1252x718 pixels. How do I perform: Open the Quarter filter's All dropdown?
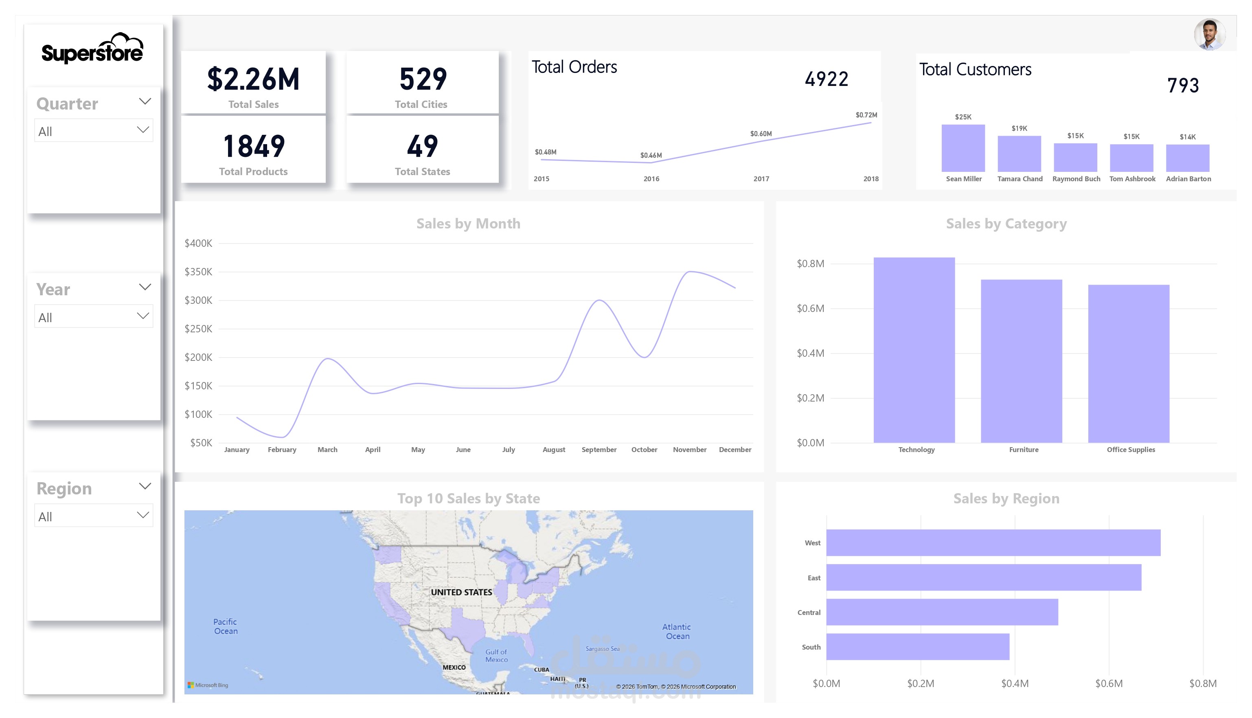click(x=94, y=131)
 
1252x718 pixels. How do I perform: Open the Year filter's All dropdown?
click(x=94, y=316)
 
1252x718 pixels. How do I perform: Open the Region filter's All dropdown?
click(x=94, y=516)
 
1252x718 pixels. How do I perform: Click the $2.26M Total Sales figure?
click(x=253, y=79)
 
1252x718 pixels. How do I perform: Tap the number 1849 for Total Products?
click(x=253, y=147)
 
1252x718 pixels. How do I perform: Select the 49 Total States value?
click(x=423, y=147)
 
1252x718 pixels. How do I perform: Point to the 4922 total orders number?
click(x=826, y=79)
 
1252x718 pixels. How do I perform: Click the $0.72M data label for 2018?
click(x=866, y=115)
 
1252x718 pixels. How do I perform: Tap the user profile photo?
click(x=1209, y=35)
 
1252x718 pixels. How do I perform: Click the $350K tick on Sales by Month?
click(x=198, y=272)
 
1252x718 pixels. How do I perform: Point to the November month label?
click(x=690, y=450)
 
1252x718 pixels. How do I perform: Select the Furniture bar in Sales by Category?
click(x=1021, y=361)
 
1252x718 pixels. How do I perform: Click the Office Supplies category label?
click(x=1131, y=450)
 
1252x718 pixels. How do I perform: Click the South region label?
click(x=811, y=647)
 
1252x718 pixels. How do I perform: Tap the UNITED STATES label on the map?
click(x=461, y=592)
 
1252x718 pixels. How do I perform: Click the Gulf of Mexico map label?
click(x=496, y=656)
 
